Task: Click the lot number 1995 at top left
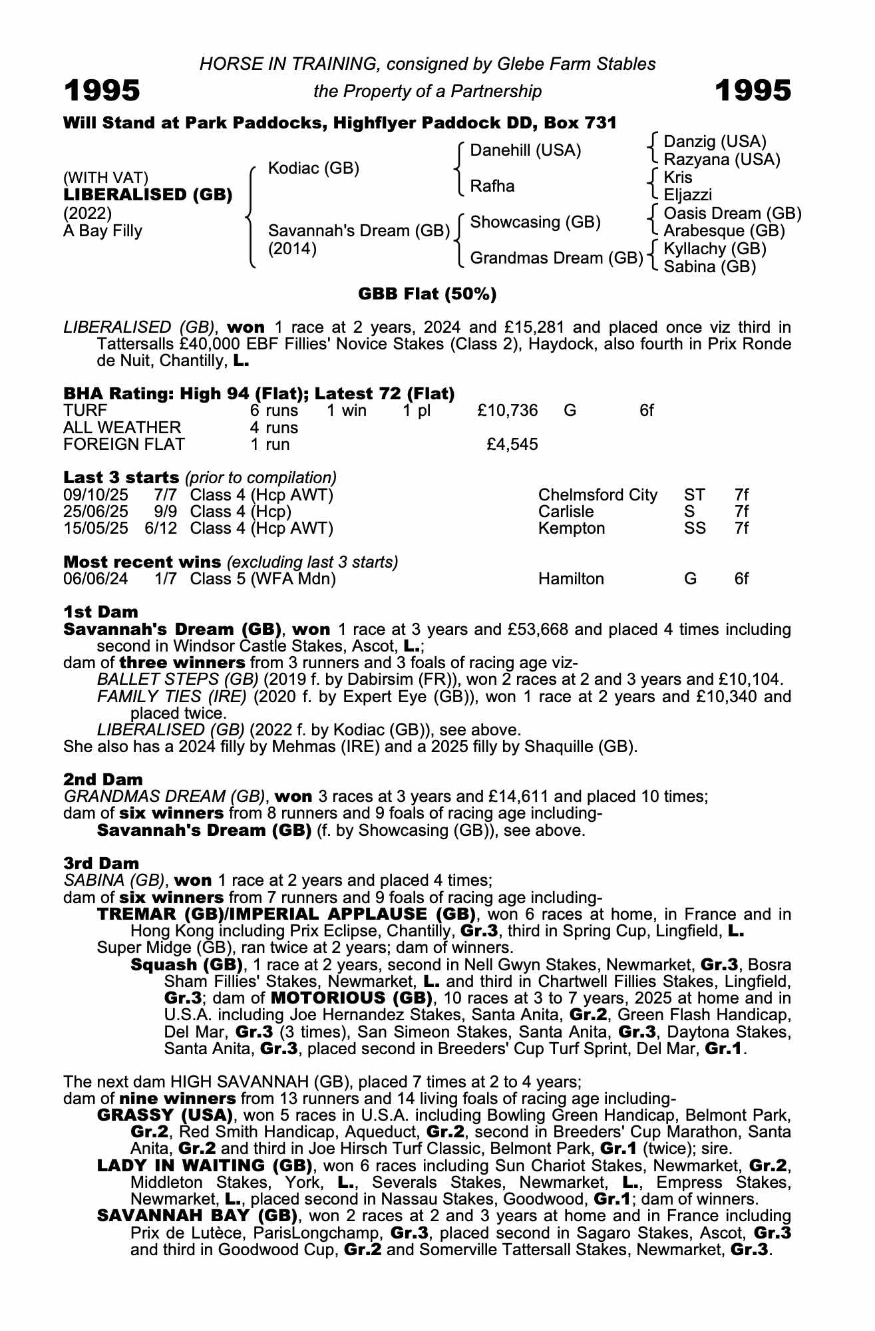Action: click(102, 91)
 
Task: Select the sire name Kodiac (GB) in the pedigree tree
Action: click(313, 168)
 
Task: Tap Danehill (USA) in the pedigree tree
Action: click(525, 150)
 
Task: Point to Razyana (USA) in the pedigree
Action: click(722, 160)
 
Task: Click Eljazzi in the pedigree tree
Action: click(687, 195)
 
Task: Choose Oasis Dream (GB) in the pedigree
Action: click(732, 214)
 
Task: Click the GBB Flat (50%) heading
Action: click(427, 294)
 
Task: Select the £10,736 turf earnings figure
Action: click(507, 411)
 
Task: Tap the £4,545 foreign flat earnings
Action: click(512, 444)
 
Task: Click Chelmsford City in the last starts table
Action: click(597, 495)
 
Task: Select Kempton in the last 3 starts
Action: click(572, 528)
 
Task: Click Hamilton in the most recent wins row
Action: click(571, 579)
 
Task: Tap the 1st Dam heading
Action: click(100, 612)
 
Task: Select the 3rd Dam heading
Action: click(101, 863)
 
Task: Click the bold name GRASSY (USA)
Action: click(164, 1115)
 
